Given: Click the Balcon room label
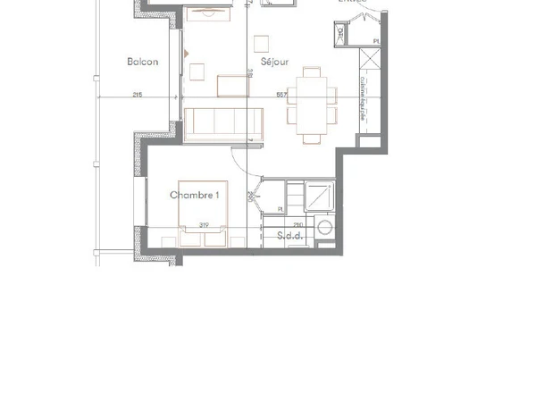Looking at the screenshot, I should (x=143, y=62).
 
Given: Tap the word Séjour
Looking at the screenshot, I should (x=273, y=62).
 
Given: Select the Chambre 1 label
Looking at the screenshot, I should (x=195, y=194).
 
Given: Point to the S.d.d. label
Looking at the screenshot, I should (x=289, y=237).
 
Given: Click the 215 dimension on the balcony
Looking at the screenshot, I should (x=138, y=95).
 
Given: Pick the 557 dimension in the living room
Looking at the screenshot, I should (x=281, y=95).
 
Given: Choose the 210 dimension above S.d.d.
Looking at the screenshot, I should (x=297, y=224).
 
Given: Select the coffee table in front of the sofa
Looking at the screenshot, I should (x=234, y=86).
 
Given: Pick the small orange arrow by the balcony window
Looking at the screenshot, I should (x=186, y=54).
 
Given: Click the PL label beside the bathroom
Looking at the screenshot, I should (x=281, y=210).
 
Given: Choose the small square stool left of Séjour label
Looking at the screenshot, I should (x=261, y=43).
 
